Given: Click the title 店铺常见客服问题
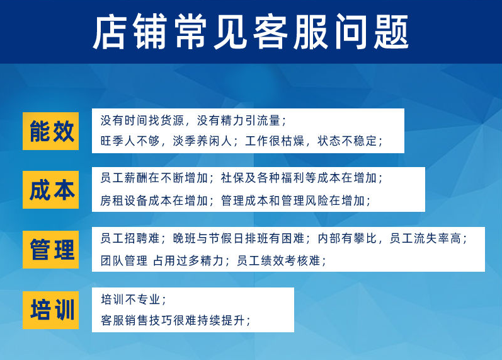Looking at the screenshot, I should click(251, 32).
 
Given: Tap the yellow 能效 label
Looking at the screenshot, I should click(51, 131).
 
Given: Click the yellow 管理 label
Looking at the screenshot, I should click(51, 249).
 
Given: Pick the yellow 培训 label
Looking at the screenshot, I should click(51, 310).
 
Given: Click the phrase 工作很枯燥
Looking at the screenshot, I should click(274, 141).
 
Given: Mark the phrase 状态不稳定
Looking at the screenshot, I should click(347, 141).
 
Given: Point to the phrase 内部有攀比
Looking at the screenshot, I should click(346, 238).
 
